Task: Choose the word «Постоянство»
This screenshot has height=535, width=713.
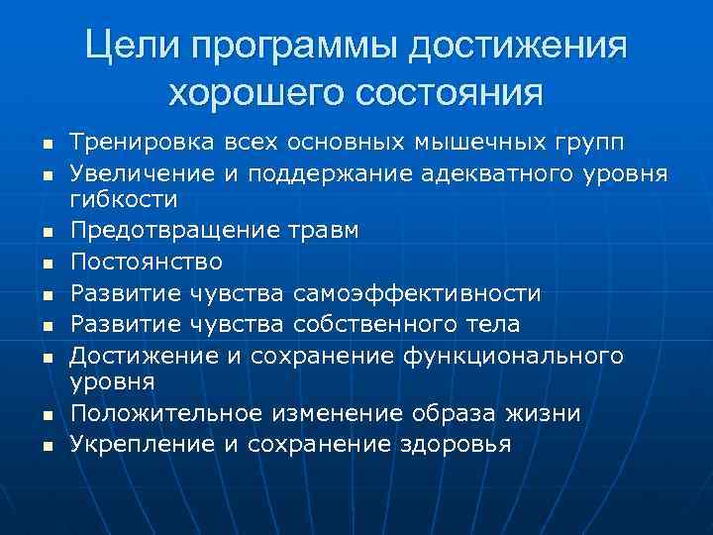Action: [147, 262]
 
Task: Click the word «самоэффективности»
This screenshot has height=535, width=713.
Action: [418, 294]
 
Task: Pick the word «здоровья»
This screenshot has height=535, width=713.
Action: [455, 445]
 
